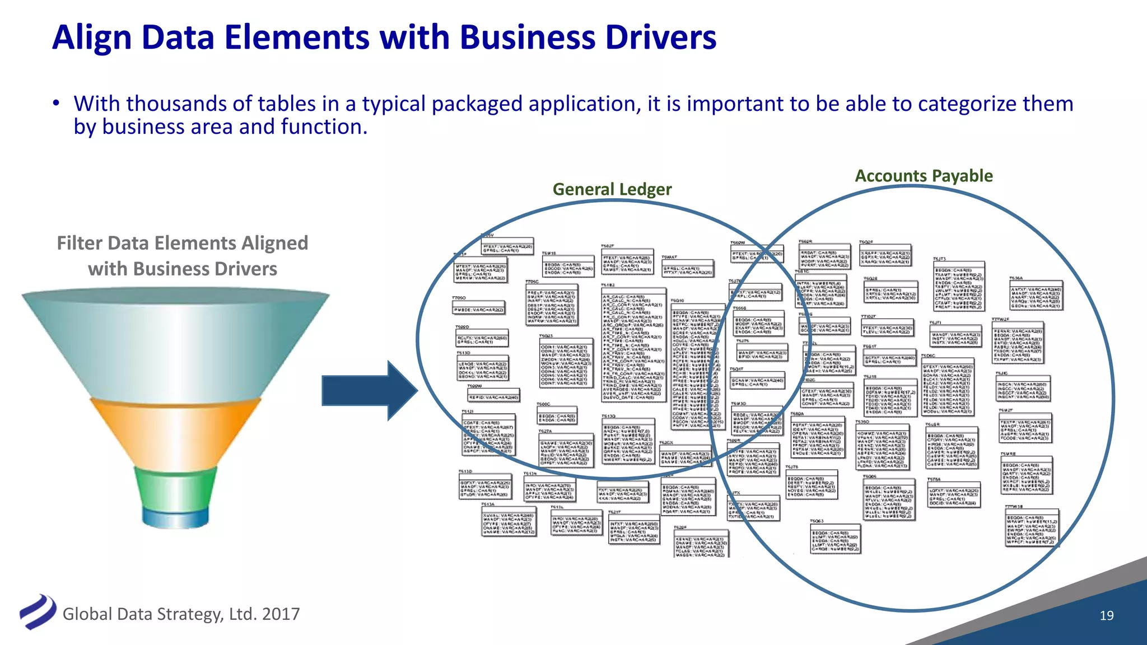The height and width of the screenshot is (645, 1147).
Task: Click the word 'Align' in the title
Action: [92, 38]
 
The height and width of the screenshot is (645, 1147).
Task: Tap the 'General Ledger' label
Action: [612, 189]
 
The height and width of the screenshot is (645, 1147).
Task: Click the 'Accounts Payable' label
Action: [924, 176]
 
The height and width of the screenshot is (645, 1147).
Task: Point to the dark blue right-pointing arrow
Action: [370, 390]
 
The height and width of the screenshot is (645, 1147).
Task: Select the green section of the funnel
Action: [175, 486]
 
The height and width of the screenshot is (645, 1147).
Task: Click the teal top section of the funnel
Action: [175, 342]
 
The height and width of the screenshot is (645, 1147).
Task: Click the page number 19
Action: [1106, 615]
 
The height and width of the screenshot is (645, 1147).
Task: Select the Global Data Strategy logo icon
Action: [38, 611]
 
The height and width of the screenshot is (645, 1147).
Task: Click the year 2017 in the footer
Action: [281, 614]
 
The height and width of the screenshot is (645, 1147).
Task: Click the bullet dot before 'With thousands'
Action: [55, 104]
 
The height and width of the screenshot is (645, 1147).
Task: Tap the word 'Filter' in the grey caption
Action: [80, 243]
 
